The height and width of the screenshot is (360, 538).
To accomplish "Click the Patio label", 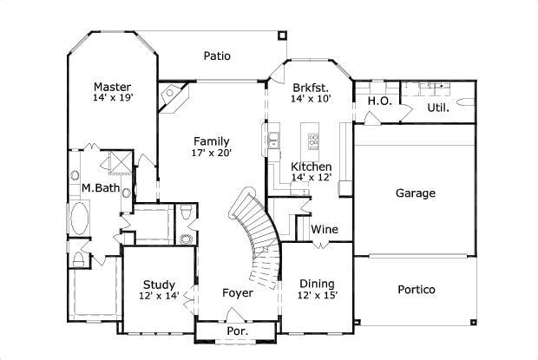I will tap(217, 56).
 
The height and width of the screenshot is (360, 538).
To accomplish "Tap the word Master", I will tap(112, 87).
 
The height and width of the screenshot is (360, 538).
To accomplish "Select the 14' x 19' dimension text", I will tap(112, 99).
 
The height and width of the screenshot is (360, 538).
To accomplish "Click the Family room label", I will tap(211, 141).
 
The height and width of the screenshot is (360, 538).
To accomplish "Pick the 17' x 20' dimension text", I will tap(211, 153).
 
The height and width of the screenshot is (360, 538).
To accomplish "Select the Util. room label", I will tap(438, 108).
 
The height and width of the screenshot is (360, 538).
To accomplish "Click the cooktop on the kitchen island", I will tap(314, 139).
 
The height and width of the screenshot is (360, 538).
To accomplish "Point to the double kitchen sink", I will tap(273, 139).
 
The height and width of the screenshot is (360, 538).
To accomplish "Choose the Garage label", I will tap(415, 193).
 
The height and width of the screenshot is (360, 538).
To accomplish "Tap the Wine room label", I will tap(325, 230).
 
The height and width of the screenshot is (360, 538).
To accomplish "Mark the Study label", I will tap(160, 285).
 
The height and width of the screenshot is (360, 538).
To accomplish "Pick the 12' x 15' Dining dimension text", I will tap(318, 296).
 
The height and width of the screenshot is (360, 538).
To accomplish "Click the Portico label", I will tap(416, 290).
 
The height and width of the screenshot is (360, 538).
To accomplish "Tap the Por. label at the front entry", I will tap(236, 331).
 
